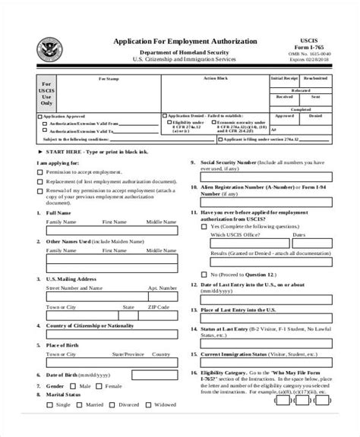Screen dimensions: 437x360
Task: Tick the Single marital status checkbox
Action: point(51,426)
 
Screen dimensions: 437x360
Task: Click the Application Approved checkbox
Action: point(40,117)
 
